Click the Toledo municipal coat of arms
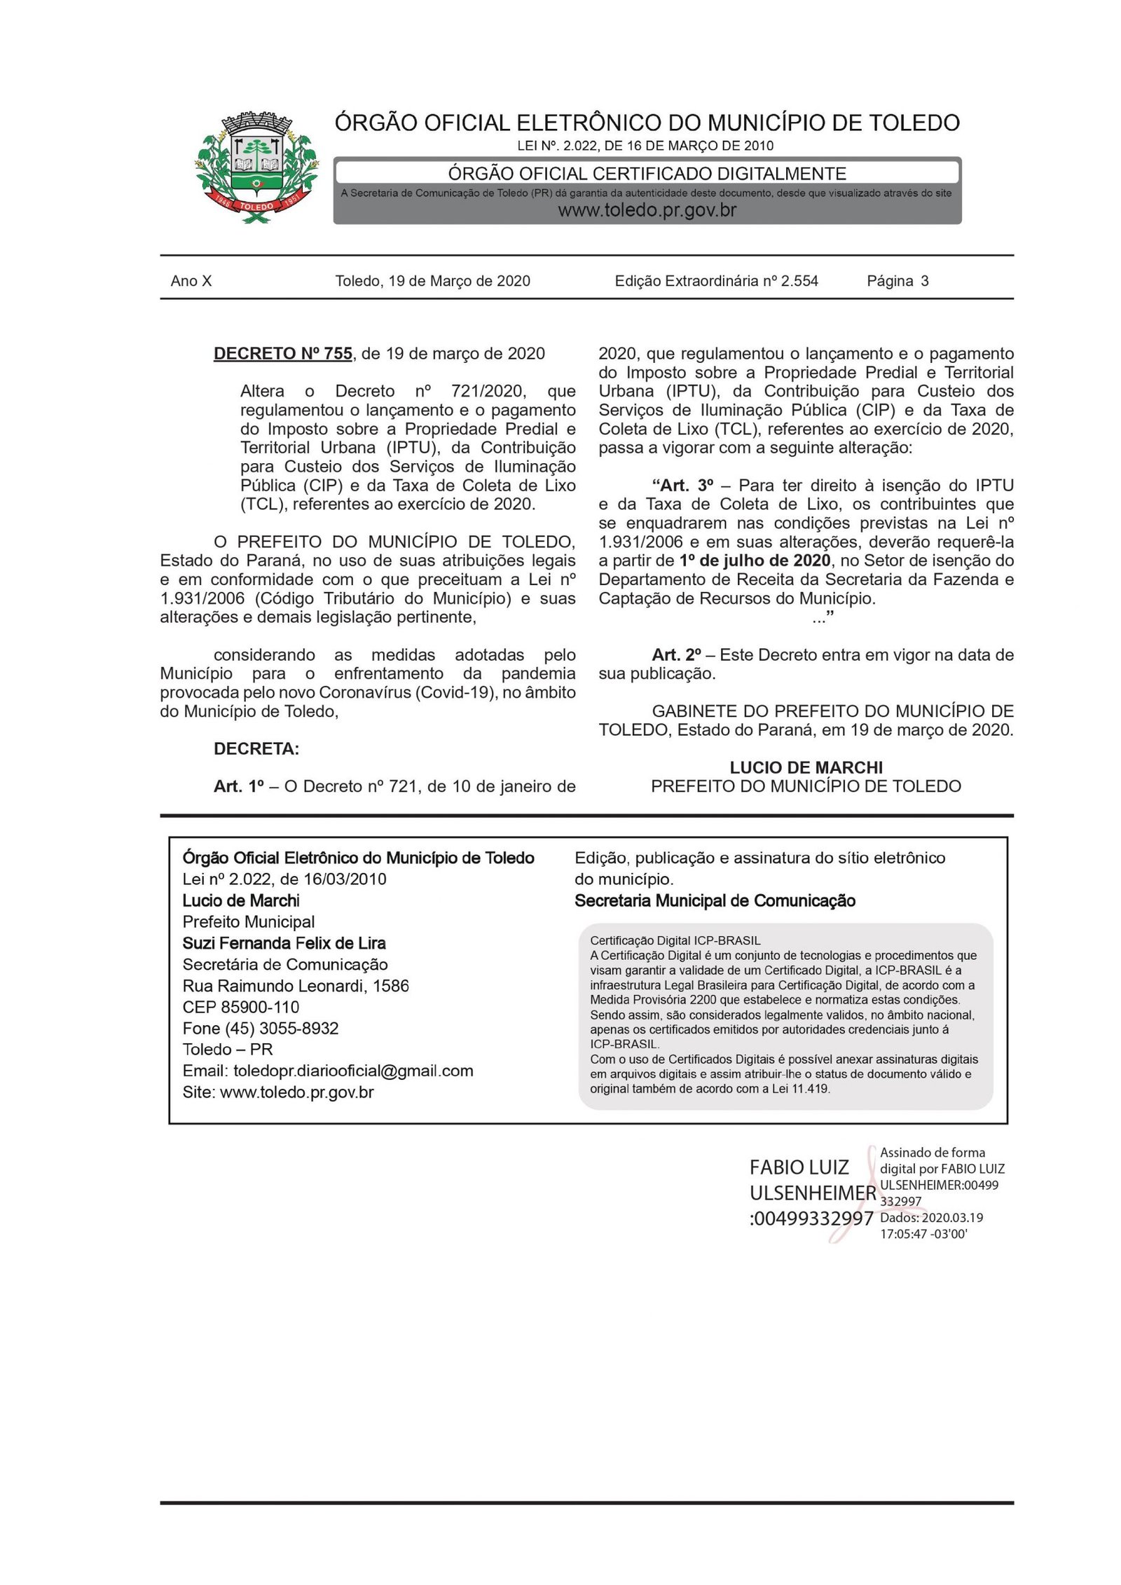256,167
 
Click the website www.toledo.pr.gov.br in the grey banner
647,210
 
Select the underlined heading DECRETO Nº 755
282,354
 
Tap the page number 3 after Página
925,281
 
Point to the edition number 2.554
799,281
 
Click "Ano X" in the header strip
191,281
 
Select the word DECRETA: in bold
256,749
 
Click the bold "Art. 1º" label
238,787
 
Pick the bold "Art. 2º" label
676,655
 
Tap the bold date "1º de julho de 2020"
755,561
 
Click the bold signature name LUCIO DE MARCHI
806,767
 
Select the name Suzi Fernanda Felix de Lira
284,943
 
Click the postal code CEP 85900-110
241,1007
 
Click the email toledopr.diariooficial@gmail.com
353,1071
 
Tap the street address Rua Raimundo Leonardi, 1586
296,986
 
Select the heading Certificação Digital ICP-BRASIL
675,940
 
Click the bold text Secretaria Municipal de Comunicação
715,901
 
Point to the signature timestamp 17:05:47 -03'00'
923,1234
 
